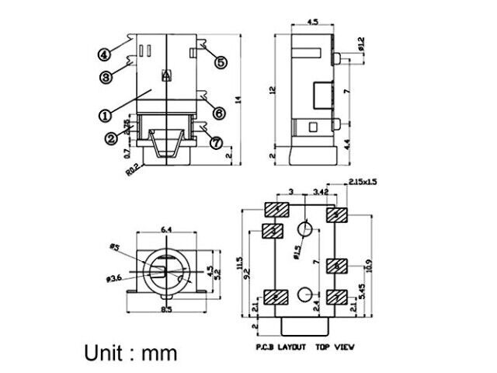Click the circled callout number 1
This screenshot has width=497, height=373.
click(x=104, y=114)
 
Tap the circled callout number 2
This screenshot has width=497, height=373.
click(x=112, y=138)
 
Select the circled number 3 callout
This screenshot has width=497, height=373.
click(x=107, y=75)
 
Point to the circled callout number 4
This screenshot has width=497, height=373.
click(x=104, y=54)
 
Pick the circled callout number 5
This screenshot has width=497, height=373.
click(x=221, y=61)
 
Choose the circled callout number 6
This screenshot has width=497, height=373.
click(x=218, y=113)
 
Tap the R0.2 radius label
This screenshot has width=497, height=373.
click(x=133, y=167)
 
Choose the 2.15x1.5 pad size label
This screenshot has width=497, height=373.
click(x=363, y=181)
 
